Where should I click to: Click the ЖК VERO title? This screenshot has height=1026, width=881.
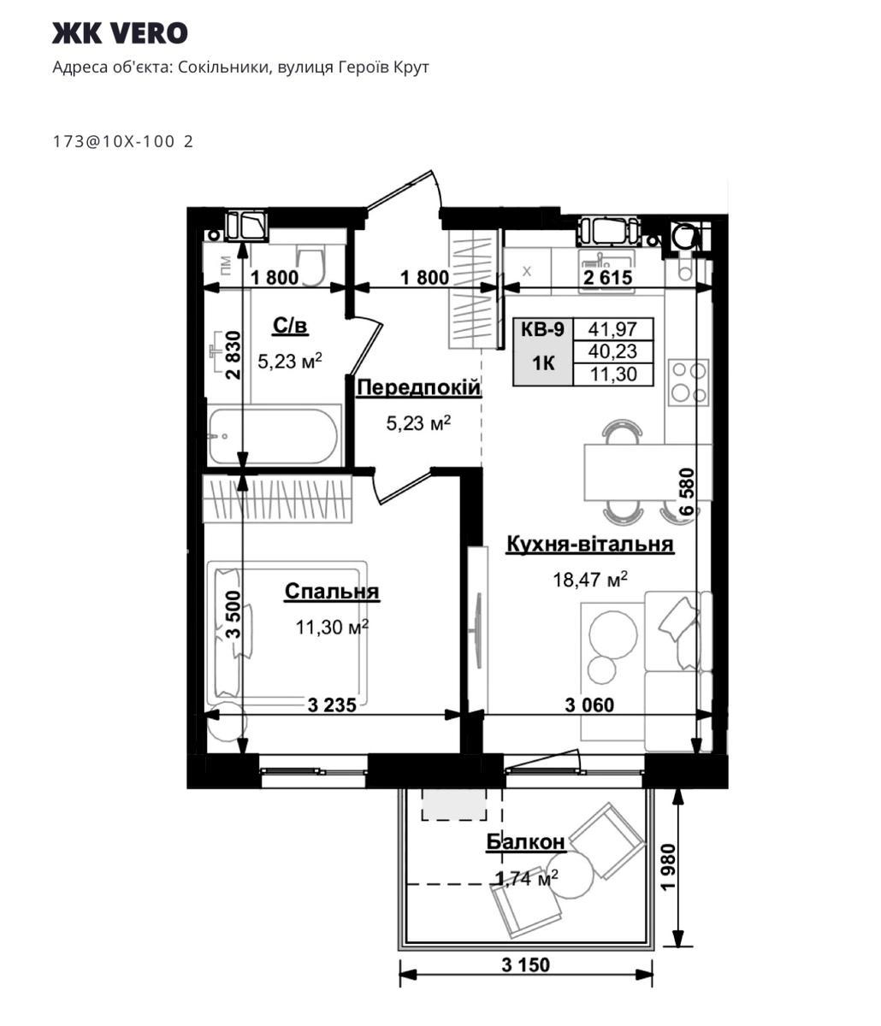(120, 33)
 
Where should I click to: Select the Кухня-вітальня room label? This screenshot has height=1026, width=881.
(589, 544)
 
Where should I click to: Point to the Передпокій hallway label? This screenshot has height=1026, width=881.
(418, 387)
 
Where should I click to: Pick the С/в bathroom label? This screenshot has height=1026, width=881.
(291, 326)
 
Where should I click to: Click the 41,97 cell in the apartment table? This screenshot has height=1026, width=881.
(612, 328)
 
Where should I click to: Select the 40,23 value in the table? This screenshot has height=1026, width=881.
(612, 351)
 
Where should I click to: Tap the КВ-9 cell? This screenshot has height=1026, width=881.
(542, 328)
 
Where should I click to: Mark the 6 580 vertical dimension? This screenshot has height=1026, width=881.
(688, 491)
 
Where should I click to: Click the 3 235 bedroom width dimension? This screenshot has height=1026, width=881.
(332, 705)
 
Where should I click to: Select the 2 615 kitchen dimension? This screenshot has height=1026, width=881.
(608, 278)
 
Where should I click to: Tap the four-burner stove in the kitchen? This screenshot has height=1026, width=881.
(689, 381)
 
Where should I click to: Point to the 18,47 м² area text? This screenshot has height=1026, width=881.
(590, 579)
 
